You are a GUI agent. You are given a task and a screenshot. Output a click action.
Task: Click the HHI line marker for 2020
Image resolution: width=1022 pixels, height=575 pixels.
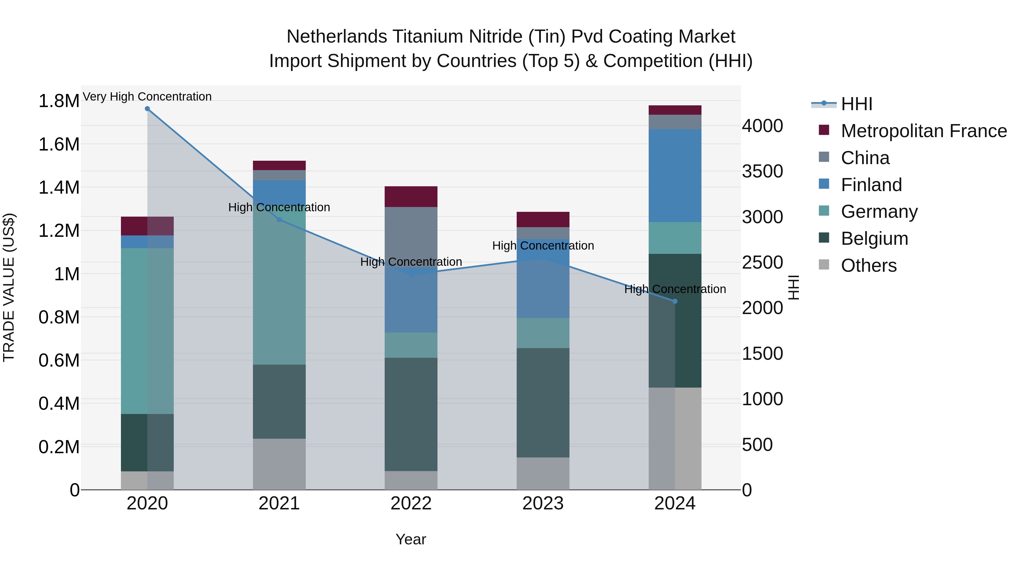(147, 109)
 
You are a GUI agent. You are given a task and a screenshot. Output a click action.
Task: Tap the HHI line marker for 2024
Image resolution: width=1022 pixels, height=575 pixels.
(675, 301)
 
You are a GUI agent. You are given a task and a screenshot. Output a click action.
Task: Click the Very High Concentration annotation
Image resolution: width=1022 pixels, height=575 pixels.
(147, 97)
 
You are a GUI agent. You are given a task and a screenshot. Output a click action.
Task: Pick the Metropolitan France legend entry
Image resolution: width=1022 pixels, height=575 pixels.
(923, 131)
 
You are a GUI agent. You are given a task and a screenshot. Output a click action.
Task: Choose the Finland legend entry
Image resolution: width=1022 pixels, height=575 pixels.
(871, 185)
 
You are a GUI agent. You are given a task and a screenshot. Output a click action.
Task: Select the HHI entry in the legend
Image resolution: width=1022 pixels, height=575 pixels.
(856, 104)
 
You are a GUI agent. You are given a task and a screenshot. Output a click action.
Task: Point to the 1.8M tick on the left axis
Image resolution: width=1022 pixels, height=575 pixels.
(59, 101)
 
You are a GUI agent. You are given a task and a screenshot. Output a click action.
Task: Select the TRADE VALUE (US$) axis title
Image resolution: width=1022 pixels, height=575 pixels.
(9, 287)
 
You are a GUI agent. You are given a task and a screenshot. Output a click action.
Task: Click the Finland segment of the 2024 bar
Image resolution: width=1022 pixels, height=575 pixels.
(675, 175)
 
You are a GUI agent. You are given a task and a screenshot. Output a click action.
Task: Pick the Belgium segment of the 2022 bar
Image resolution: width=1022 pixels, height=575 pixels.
(411, 414)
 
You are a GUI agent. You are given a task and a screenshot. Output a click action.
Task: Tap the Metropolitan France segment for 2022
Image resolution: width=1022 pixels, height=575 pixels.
(411, 196)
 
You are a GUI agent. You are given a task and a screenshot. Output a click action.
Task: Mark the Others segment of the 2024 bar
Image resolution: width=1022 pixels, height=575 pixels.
(675, 438)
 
